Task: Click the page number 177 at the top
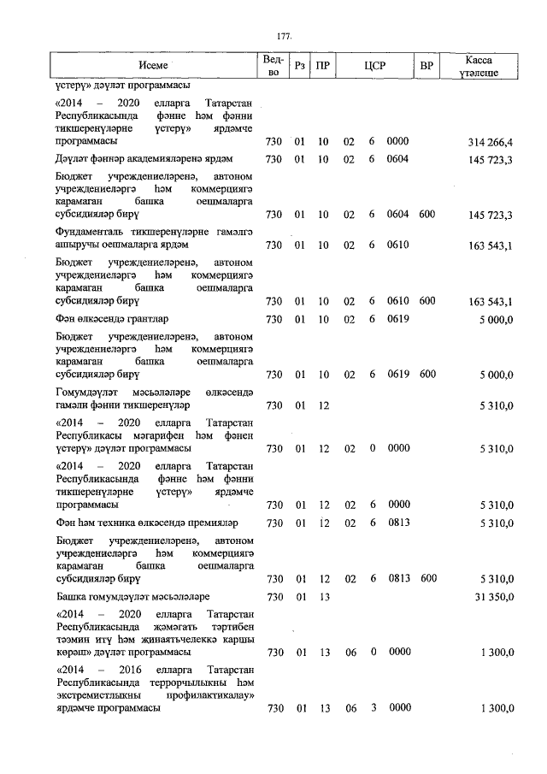pyautogui.click(x=285, y=36)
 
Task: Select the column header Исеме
pyautogui.click(x=153, y=66)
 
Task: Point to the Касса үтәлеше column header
pyautogui.click(x=479, y=66)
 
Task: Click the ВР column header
pyautogui.click(x=426, y=66)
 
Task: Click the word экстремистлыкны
pyautogui.click(x=102, y=694)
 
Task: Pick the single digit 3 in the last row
pyautogui.click(x=373, y=708)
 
